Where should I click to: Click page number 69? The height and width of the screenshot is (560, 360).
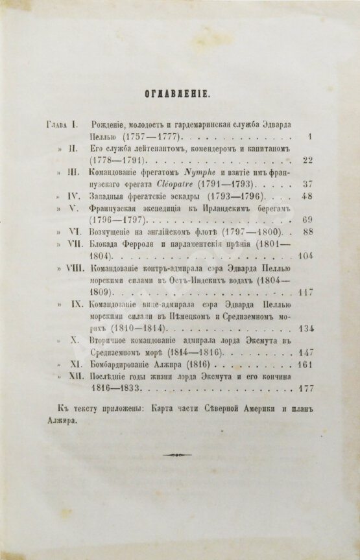click(x=308, y=218)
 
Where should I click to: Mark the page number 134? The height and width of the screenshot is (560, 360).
click(x=306, y=325)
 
